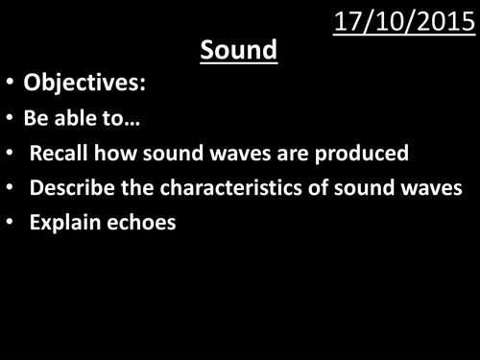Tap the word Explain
[61, 223]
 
